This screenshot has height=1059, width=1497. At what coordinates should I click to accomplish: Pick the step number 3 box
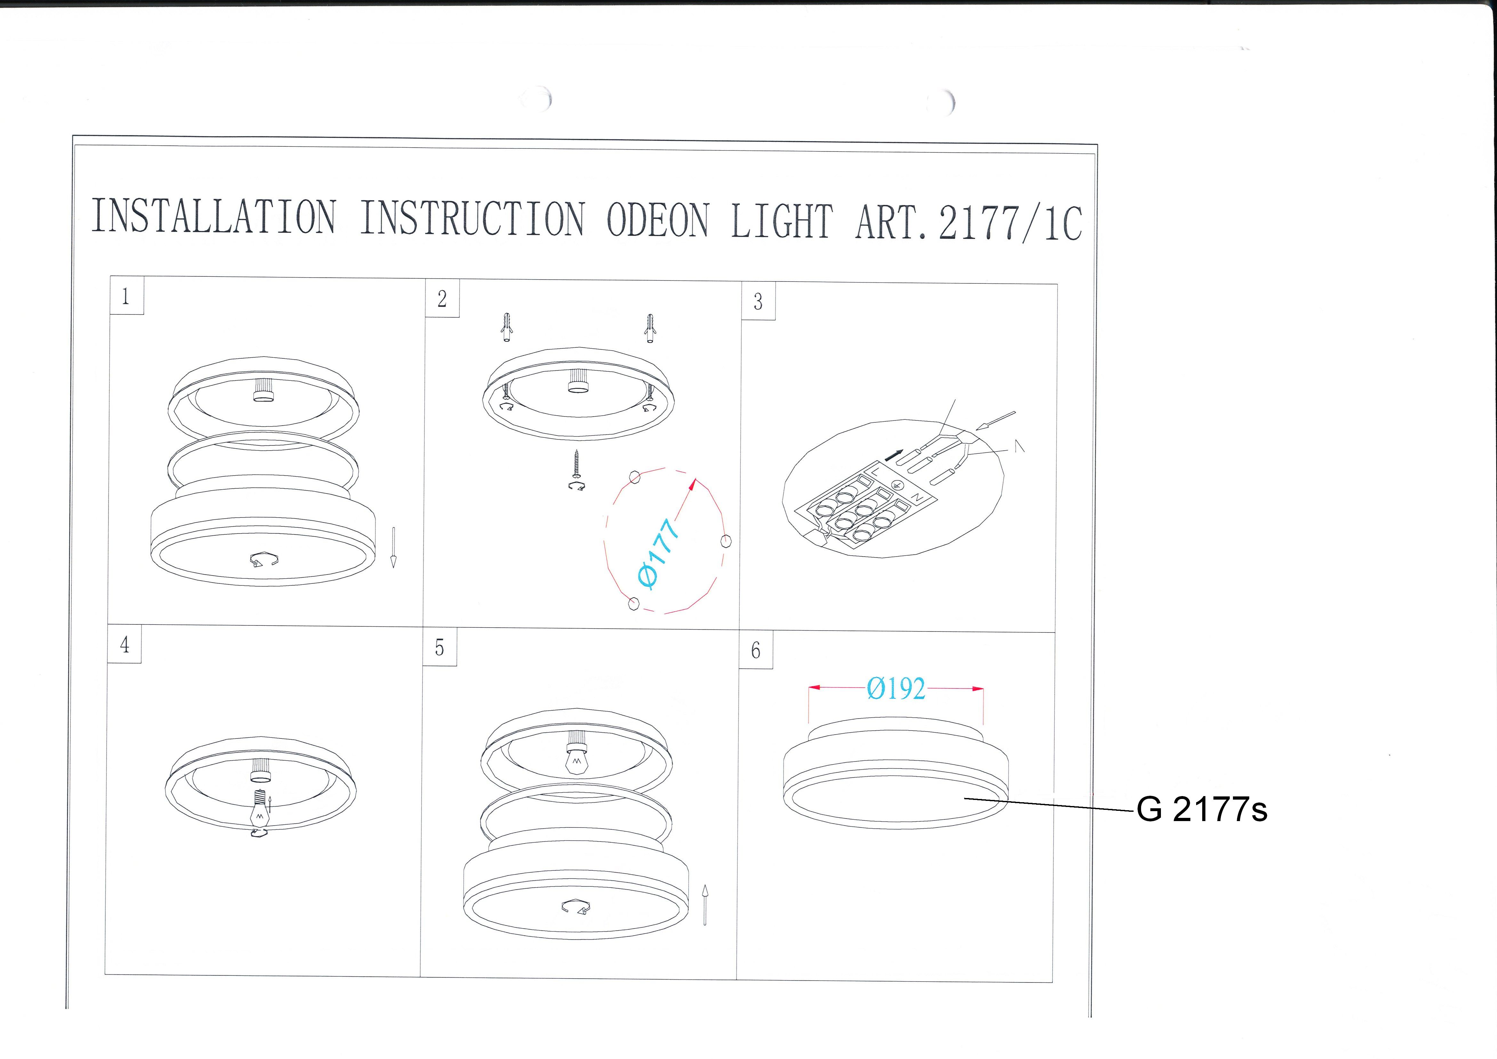tap(758, 301)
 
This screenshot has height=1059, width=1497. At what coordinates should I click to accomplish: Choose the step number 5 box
tap(439, 647)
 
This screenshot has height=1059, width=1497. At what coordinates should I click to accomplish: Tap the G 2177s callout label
tap(1202, 810)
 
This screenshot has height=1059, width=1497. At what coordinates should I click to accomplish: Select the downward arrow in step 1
tap(393, 548)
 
